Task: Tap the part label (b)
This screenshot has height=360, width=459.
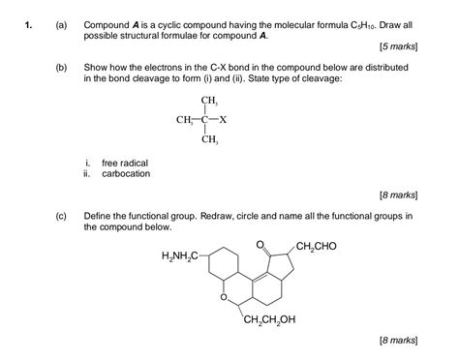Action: tap(61, 70)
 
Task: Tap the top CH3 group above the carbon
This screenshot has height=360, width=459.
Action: tap(208, 102)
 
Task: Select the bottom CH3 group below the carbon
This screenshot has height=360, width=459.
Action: tap(208, 140)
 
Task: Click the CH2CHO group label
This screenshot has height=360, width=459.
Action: tap(317, 246)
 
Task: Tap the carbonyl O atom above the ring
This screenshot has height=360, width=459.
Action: tap(260, 243)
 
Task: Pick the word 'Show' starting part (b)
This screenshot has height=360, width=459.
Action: tap(97, 70)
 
